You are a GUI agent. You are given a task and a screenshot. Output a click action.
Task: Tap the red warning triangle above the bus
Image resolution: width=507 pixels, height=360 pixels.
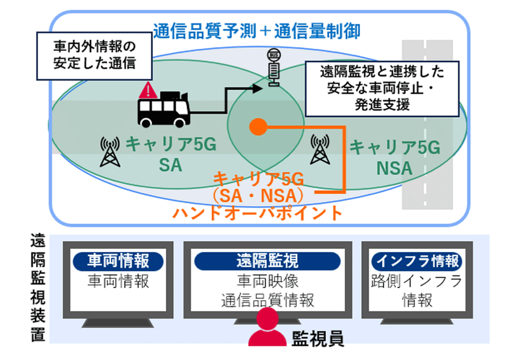pyautogui.click(x=147, y=92)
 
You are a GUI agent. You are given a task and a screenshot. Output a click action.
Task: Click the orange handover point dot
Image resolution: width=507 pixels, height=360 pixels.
pyautogui.click(x=258, y=126)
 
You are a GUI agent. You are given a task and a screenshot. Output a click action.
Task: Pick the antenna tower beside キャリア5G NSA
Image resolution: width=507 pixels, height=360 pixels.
pyautogui.click(x=320, y=150)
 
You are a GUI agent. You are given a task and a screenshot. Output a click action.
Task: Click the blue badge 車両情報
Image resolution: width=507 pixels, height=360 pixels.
pyautogui.click(x=118, y=261)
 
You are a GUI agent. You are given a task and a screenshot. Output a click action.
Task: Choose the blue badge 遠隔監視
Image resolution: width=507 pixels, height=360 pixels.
pyautogui.click(x=267, y=261)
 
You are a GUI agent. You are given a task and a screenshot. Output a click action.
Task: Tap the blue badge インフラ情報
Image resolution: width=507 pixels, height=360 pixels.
pyautogui.click(x=416, y=261)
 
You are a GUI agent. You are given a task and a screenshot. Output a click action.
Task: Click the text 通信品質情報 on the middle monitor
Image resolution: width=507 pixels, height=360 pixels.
pyautogui.click(x=267, y=300)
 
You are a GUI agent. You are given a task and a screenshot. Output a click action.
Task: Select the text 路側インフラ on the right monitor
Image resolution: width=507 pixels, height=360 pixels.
pyautogui.click(x=416, y=281)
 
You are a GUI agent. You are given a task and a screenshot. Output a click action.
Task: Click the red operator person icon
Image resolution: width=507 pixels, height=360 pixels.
pyautogui.click(x=267, y=330)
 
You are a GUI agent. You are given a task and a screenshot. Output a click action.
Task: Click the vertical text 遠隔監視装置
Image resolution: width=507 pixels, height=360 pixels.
pyautogui.click(x=37, y=289)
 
